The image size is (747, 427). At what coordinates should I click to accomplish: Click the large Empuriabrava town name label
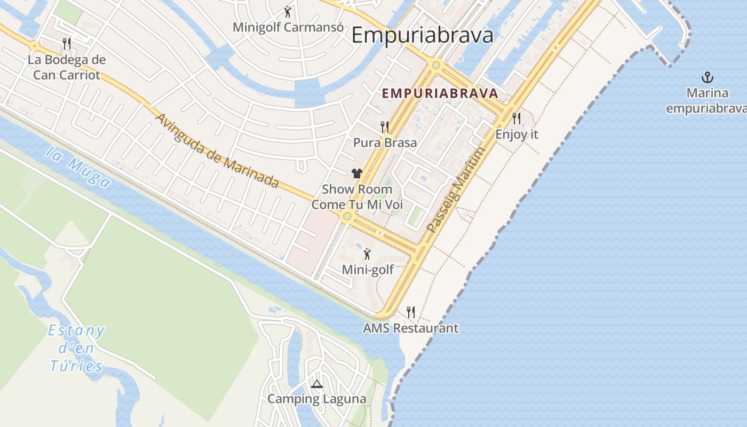[422, 35]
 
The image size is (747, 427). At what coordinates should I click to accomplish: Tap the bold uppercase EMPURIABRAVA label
[440, 93]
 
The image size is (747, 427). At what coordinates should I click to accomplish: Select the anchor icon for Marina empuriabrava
[707, 77]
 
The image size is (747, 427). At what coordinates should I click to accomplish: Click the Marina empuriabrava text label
[706, 101]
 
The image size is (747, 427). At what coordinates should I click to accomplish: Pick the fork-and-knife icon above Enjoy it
[516, 118]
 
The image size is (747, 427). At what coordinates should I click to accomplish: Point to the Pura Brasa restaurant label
[385, 143]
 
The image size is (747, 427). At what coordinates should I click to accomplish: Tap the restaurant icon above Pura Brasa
[385, 126]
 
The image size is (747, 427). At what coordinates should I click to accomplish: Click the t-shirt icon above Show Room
[357, 173]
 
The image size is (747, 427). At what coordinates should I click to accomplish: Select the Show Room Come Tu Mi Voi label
[357, 197]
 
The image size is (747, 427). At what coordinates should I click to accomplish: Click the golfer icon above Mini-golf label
[367, 254]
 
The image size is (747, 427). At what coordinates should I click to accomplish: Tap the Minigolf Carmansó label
[288, 27]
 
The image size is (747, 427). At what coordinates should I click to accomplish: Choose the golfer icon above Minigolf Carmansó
[288, 11]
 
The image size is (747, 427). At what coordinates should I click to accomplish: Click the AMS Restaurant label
[410, 328]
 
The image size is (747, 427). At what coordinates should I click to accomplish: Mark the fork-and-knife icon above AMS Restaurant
[411, 312]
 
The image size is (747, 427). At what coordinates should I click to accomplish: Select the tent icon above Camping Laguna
[317, 384]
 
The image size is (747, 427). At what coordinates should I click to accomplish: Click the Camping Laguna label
[317, 399]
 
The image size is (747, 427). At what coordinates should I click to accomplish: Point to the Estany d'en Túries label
[76, 348]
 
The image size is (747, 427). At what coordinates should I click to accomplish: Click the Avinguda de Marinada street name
[217, 151]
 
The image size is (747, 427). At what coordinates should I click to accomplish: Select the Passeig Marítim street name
[457, 189]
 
